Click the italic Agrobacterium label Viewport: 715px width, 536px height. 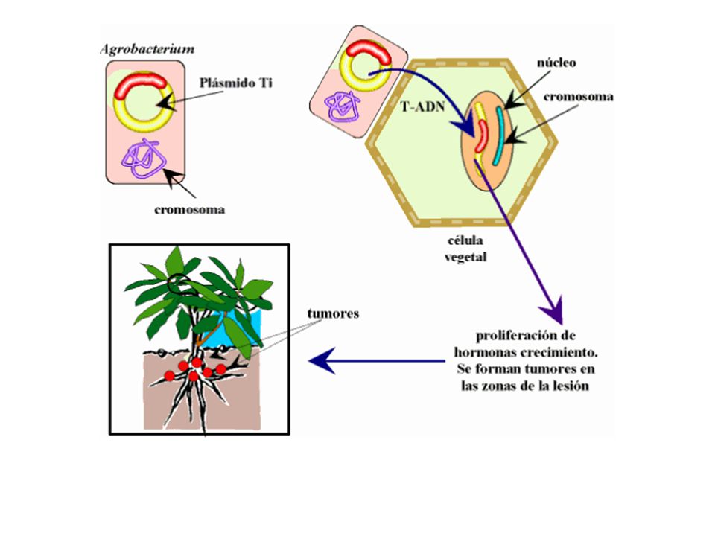tap(147, 49)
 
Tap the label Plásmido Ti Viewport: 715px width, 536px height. tap(236, 83)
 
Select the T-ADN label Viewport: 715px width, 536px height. tap(422, 106)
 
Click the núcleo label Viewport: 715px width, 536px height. tap(556, 63)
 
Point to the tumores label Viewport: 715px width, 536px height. tap(333, 313)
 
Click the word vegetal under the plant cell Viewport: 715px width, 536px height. tap(465, 257)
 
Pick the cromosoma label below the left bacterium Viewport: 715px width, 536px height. tap(189, 210)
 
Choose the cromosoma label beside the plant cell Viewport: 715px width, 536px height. tap(578, 97)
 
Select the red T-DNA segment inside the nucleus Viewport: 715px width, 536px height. tap(482, 135)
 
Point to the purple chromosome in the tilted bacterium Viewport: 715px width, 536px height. tap(343, 106)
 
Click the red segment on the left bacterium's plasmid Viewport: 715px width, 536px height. tap(141, 85)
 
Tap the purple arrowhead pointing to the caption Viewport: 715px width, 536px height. tap(554, 311)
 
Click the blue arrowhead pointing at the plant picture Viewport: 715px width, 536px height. tap(322, 361)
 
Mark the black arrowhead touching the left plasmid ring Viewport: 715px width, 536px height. tap(166, 103)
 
